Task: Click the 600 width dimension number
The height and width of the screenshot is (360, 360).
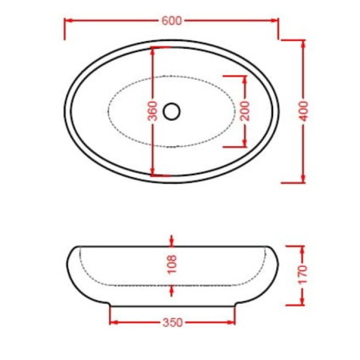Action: (x=171, y=21)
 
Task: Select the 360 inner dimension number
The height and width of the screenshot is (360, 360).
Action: (x=153, y=111)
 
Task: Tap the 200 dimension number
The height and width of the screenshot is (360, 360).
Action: (x=245, y=111)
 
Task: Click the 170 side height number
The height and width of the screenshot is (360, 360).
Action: (x=303, y=275)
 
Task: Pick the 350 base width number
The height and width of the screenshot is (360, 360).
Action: (x=173, y=323)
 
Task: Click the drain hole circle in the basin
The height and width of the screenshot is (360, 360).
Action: (x=171, y=111)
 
